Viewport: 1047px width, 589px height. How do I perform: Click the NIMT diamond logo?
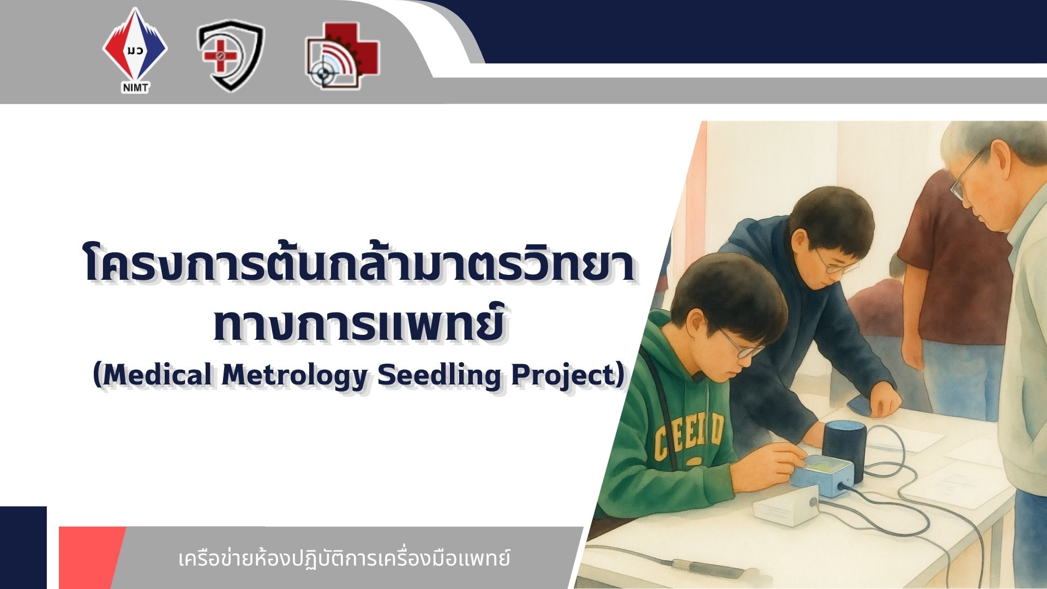pyautogui.click(x=135, y=50)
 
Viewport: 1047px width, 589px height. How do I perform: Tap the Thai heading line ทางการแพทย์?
pyautogui.click(x=358, y=323)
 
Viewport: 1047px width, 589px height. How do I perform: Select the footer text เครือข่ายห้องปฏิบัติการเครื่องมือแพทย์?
pyautogui.click(x=345, y=559)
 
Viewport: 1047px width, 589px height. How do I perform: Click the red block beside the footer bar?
pyautogui.click(x=90, y=557)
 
